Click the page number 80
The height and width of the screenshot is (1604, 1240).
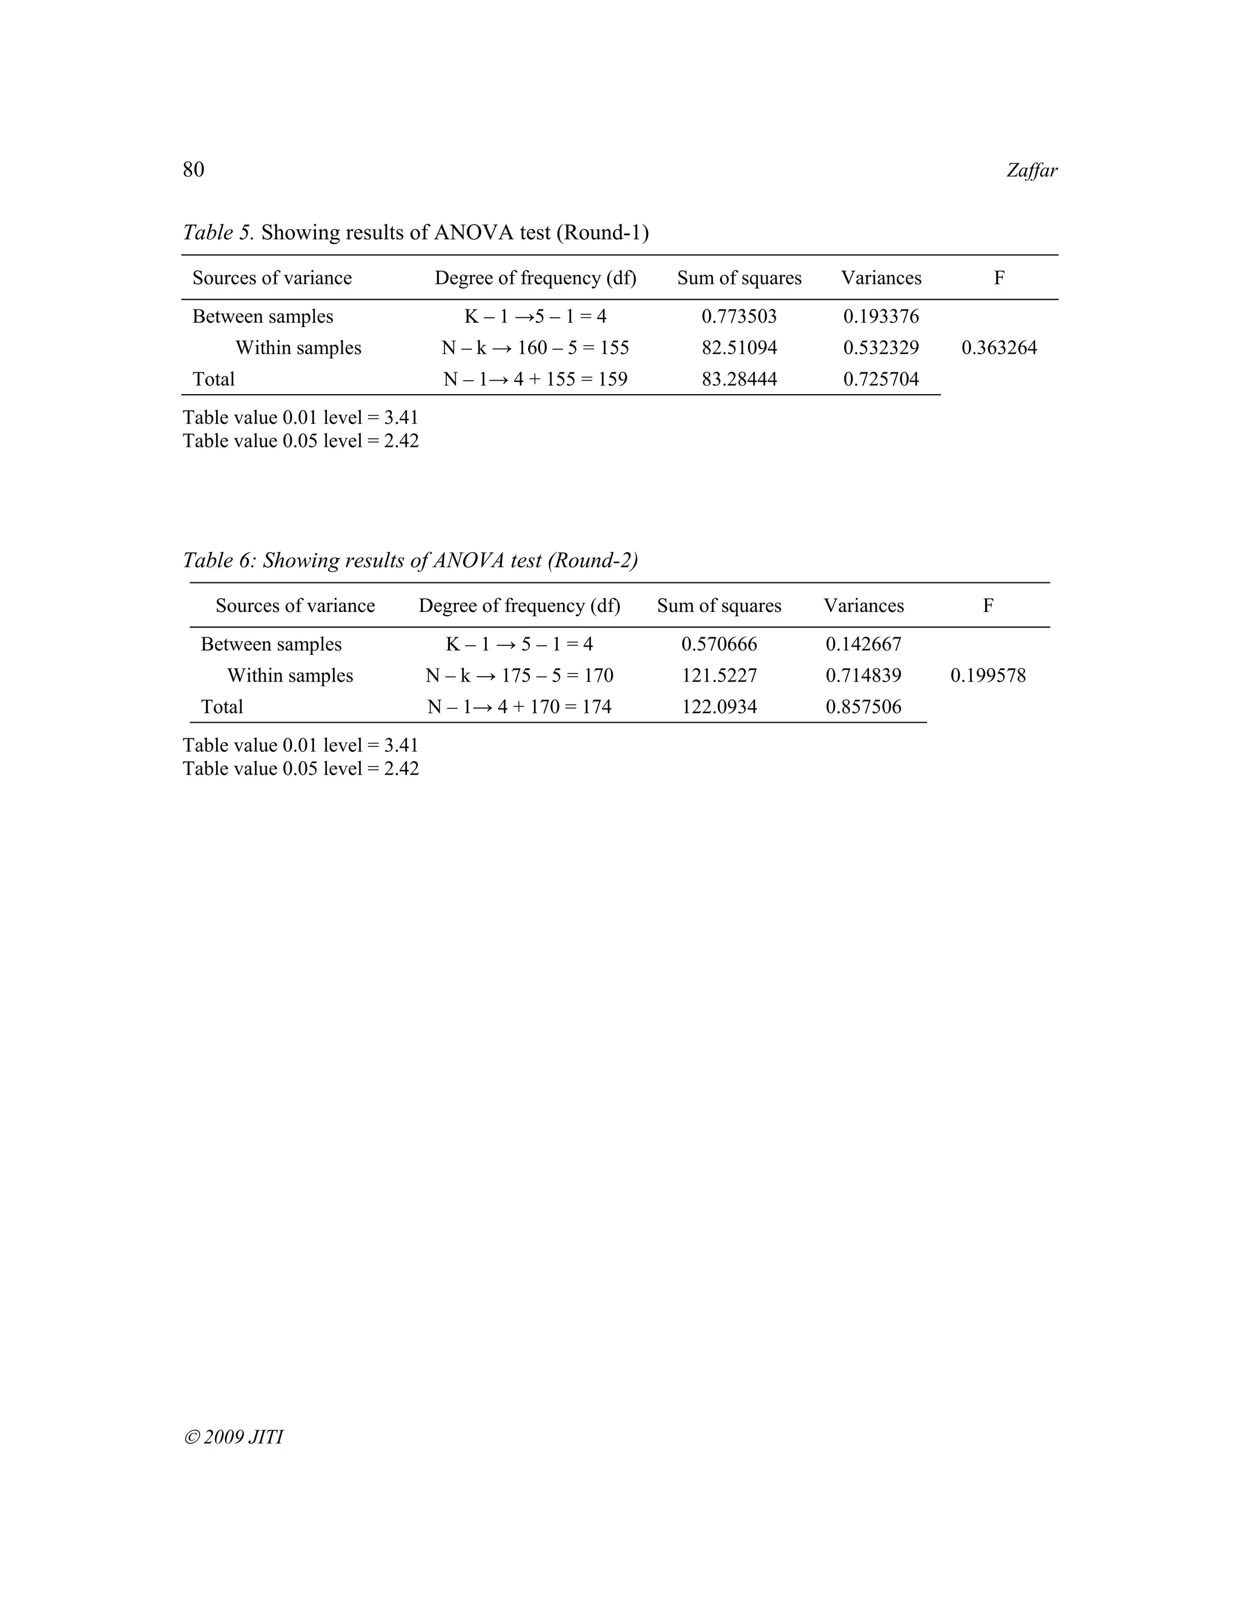tap(193, 169)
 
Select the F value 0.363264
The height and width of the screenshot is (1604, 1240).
tap(999, 347)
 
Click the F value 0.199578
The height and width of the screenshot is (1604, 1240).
tap(988, 675)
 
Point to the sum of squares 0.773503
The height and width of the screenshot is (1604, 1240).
tap(739, 317)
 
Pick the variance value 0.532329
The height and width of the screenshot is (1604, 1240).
tap(881, 347)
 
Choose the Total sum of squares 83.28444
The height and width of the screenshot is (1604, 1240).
tap(739, 379)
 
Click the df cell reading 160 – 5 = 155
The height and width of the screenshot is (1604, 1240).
tap(535, 347)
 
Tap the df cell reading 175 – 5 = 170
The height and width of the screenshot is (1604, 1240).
tap(519, 675)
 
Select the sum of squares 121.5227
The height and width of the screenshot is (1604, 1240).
tap(719, 675)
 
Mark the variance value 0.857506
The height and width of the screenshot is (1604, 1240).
tap(863, 706)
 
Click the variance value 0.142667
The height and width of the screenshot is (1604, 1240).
tap(863, 644)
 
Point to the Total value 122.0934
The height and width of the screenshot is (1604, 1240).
tap(719, 706)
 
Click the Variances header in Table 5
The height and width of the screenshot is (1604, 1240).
tap(881, 278)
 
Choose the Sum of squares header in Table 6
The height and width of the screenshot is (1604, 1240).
tap(719, 605)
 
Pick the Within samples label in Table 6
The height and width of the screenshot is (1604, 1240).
tap(290, 675)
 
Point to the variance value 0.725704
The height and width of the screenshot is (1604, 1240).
tap(881, 379)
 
